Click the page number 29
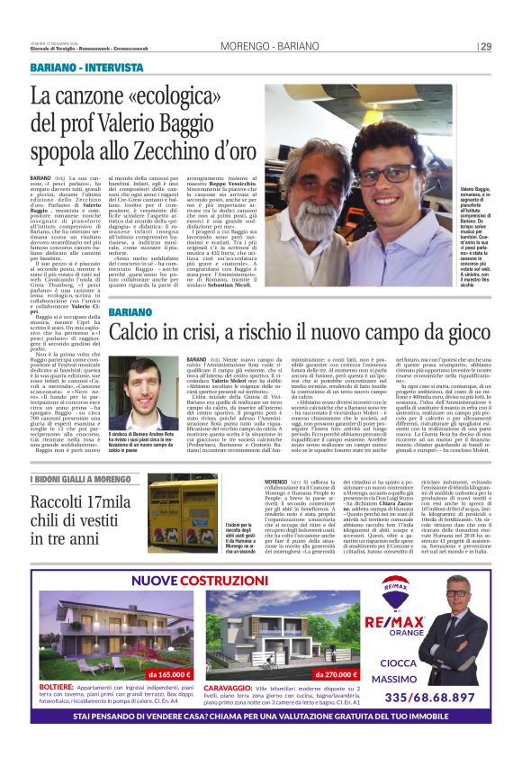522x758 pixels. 486,47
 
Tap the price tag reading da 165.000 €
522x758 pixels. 171,672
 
